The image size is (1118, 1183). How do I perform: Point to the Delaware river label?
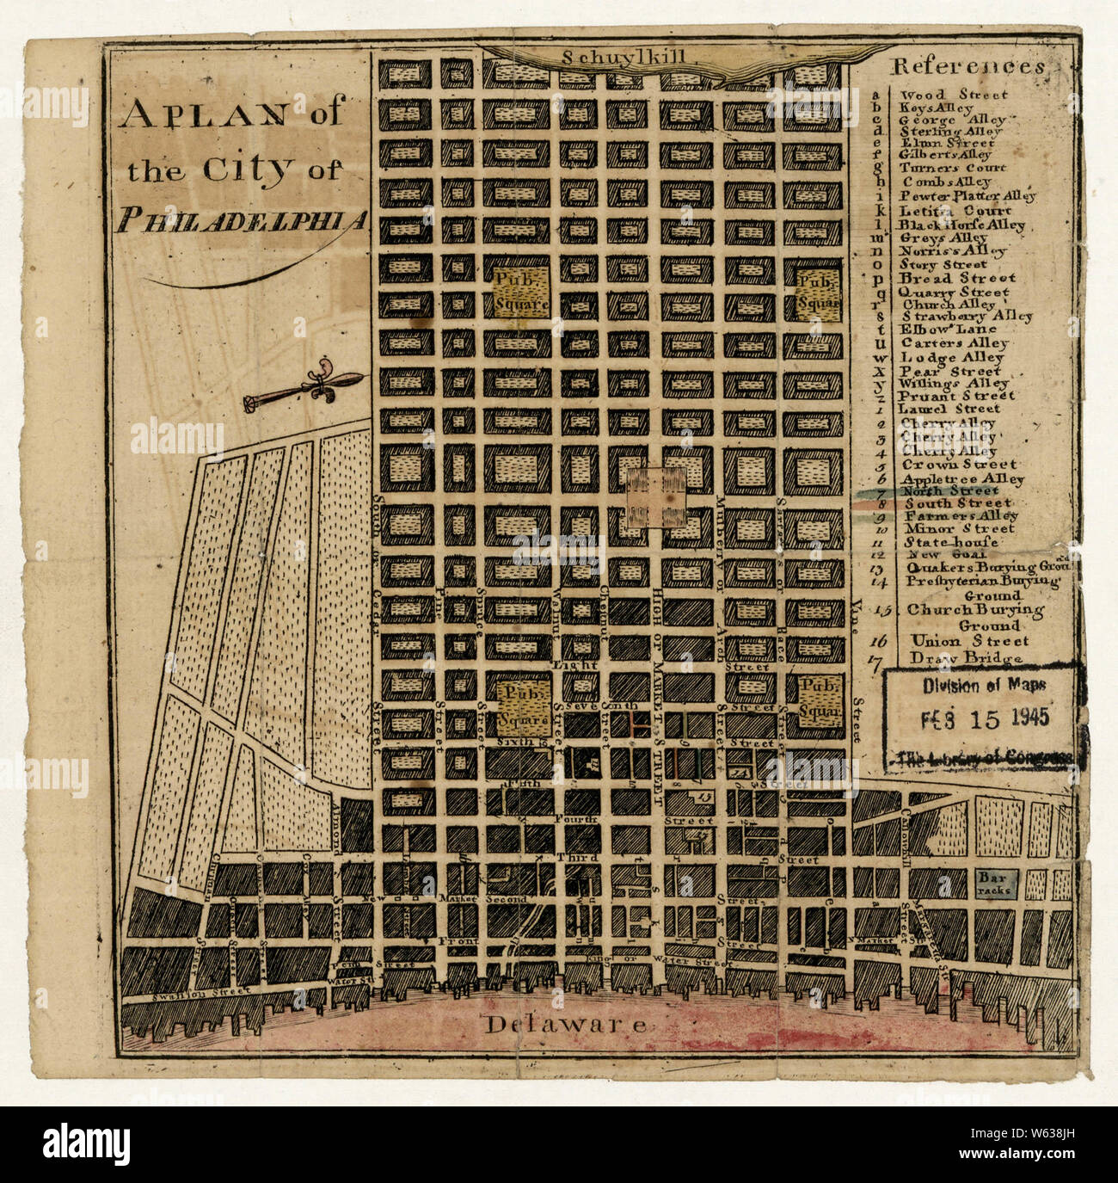(x=565, y=1024)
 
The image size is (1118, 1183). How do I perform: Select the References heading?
(x=969, y=67)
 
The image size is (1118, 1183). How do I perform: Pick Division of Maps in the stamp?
(x=984, y=685)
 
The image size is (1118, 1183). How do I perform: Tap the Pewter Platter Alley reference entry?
(x=967, y=196)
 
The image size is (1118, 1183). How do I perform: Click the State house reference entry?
(x=950, y=542)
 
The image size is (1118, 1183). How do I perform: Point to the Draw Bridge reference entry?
(x=967, y=658)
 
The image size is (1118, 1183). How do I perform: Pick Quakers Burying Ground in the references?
(x=980, y=568)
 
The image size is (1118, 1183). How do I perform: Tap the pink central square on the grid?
(x=655, y=497)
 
